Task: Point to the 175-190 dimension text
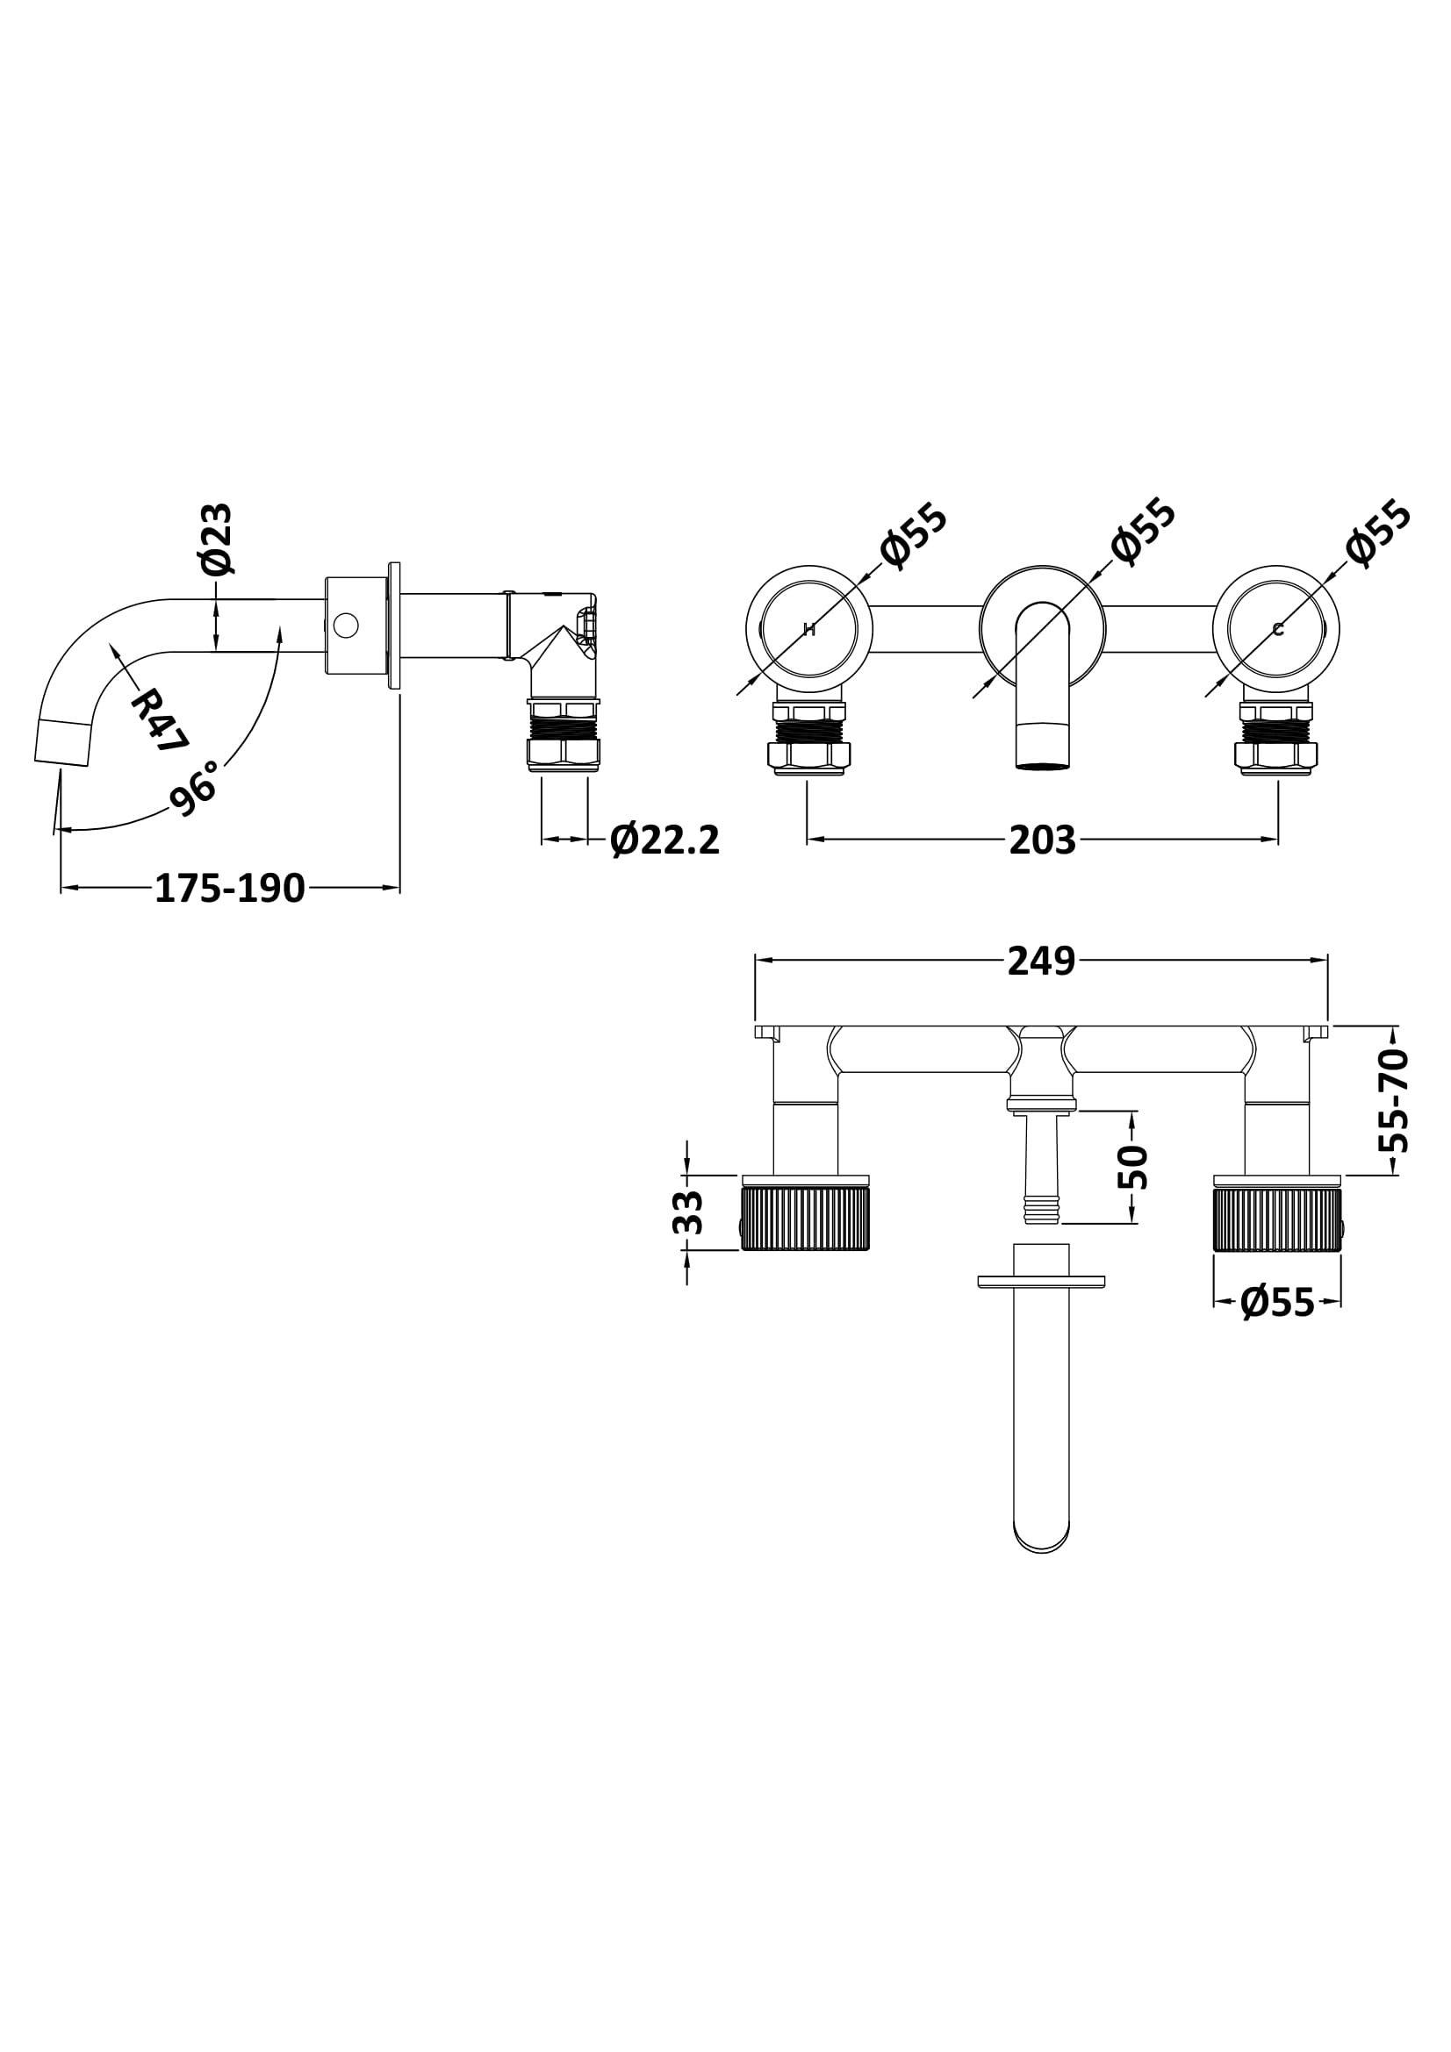click(x=230, y=889)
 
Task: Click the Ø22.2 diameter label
click(x=664, y=840)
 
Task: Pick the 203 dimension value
click(x=1043, y=840)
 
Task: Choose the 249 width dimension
click(x=1042, y=961)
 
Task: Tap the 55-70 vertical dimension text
click(x=1395, y=1101)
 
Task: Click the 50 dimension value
click(x=1132, y=1166)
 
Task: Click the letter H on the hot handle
click(x=809, y=630)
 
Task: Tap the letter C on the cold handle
click(x=1277, y=630)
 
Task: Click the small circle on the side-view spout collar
click(x=345, y=625)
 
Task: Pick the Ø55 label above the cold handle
click(x=1380, y=533)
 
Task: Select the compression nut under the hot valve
click(x=809, y=755)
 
